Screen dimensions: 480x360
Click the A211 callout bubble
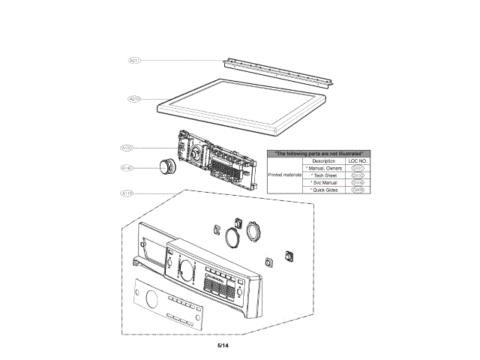point(135,59)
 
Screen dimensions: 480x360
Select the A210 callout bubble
point(135,98)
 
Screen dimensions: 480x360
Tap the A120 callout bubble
point(126,148)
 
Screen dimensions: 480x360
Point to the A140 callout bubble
point(126,169)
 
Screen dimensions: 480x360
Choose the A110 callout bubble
point(126,193)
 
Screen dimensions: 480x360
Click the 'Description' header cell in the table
point(323,160)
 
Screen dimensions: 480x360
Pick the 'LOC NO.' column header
point(357,160)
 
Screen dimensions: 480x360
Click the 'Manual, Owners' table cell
point(323,168)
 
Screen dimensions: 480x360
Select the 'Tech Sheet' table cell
point(323,175)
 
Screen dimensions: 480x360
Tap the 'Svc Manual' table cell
point(323,183)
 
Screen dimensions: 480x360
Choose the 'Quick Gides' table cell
point(323,190)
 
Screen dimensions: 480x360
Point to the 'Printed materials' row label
point(285,175)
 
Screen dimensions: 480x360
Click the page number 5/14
point(223,346)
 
